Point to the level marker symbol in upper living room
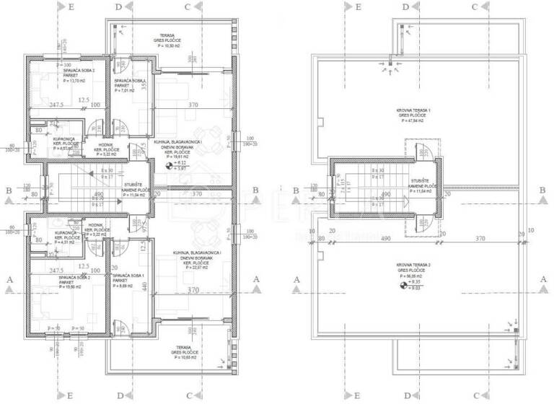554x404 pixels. [x=170, y=165]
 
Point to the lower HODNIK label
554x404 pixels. [x=97, y=225]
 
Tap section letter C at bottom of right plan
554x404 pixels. [x=475, y=395]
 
